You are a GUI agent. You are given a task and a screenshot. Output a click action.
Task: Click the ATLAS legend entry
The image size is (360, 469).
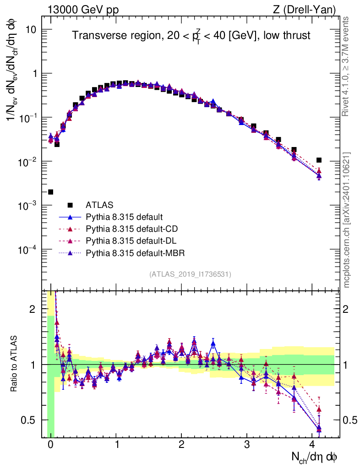(x=99, y=204)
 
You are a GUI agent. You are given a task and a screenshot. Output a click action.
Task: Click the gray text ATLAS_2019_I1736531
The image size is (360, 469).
(x=190, y=274)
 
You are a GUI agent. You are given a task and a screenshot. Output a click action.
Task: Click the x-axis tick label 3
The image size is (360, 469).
(x=247, y=445)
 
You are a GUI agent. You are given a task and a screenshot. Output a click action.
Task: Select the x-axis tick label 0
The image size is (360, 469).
(x=50, y=445)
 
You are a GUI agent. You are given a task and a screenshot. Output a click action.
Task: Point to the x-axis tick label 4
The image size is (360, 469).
(x=313, y=445)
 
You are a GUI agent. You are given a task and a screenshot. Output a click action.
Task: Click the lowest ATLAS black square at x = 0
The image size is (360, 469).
(x=50, y=192)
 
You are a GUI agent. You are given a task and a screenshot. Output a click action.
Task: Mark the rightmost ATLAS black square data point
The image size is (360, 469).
(x=319, y=160)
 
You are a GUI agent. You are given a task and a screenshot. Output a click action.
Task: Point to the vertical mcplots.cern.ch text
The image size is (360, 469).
(x=347, y=220)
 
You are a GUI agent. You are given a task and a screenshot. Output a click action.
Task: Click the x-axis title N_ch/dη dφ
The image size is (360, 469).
(x=315, y=457)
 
